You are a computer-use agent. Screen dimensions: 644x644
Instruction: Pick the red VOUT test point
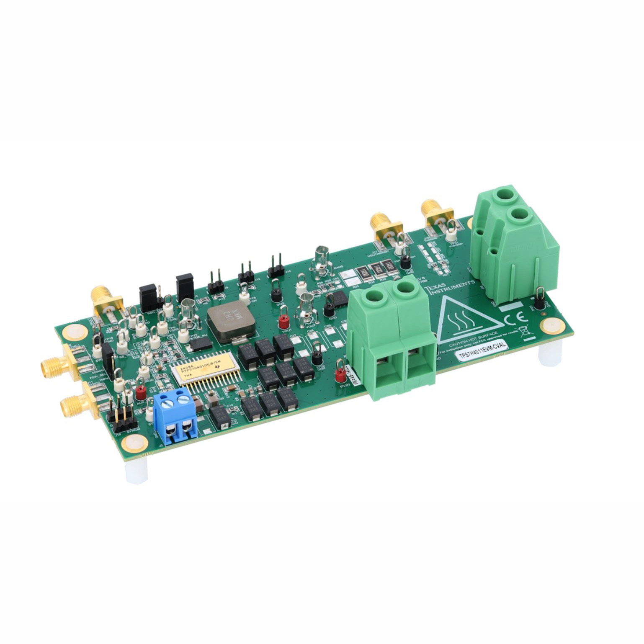[x=283, y=321]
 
